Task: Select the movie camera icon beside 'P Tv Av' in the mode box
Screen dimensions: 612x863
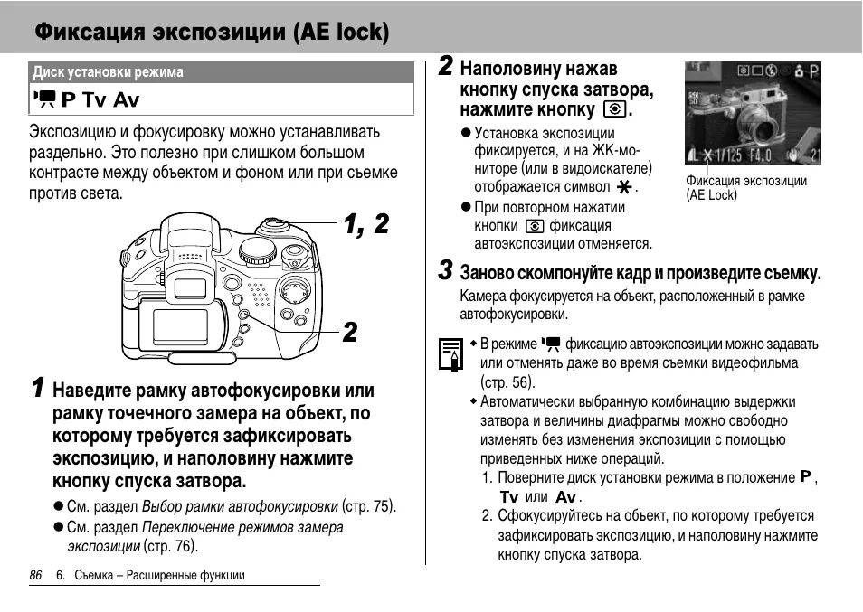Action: point(44,99)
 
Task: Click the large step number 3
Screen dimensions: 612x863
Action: point(445,270)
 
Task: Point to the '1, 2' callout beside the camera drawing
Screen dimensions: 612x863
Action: point(365,224)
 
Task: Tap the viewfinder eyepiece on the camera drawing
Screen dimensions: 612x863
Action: point(191,288)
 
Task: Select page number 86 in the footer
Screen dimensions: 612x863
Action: point(36,575)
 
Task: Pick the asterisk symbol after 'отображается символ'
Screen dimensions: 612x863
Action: point(623,187)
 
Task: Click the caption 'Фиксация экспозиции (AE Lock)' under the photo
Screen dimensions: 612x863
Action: point(745,187)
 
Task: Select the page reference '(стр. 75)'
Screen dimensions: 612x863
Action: point(369,506)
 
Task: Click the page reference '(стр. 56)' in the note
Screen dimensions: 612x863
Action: point(507,381)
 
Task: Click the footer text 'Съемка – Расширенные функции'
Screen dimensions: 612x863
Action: point(159,575)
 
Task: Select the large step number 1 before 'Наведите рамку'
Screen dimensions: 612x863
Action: point(37,389)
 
